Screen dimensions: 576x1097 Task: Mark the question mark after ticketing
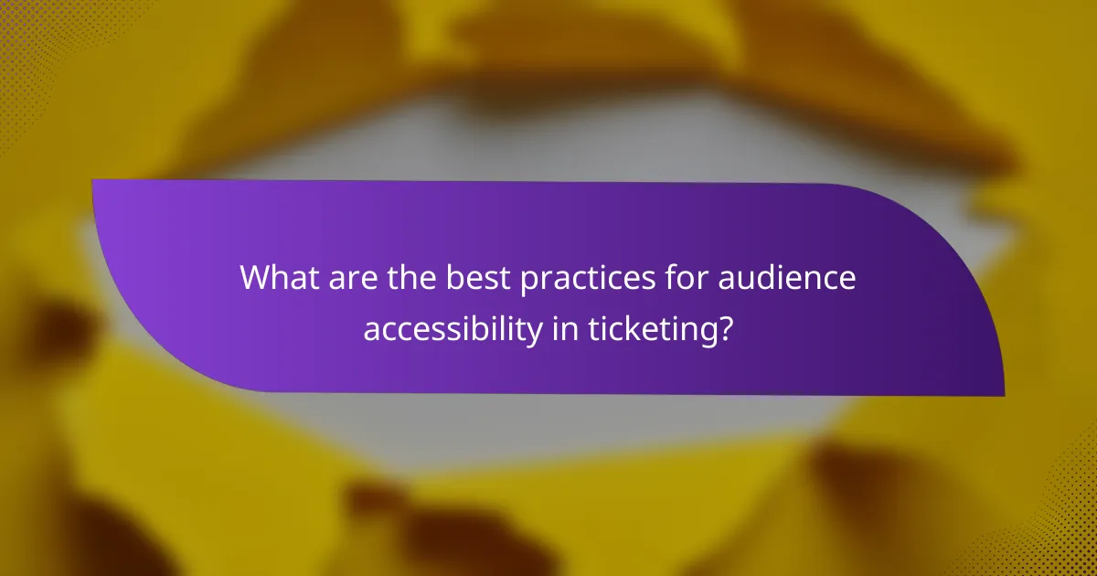tap(725, 327)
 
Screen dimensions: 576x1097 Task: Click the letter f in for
tap(646, 277)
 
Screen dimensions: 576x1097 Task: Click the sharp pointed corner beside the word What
tap(93, 181)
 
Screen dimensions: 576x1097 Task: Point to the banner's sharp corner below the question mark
tap(1003, 394)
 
